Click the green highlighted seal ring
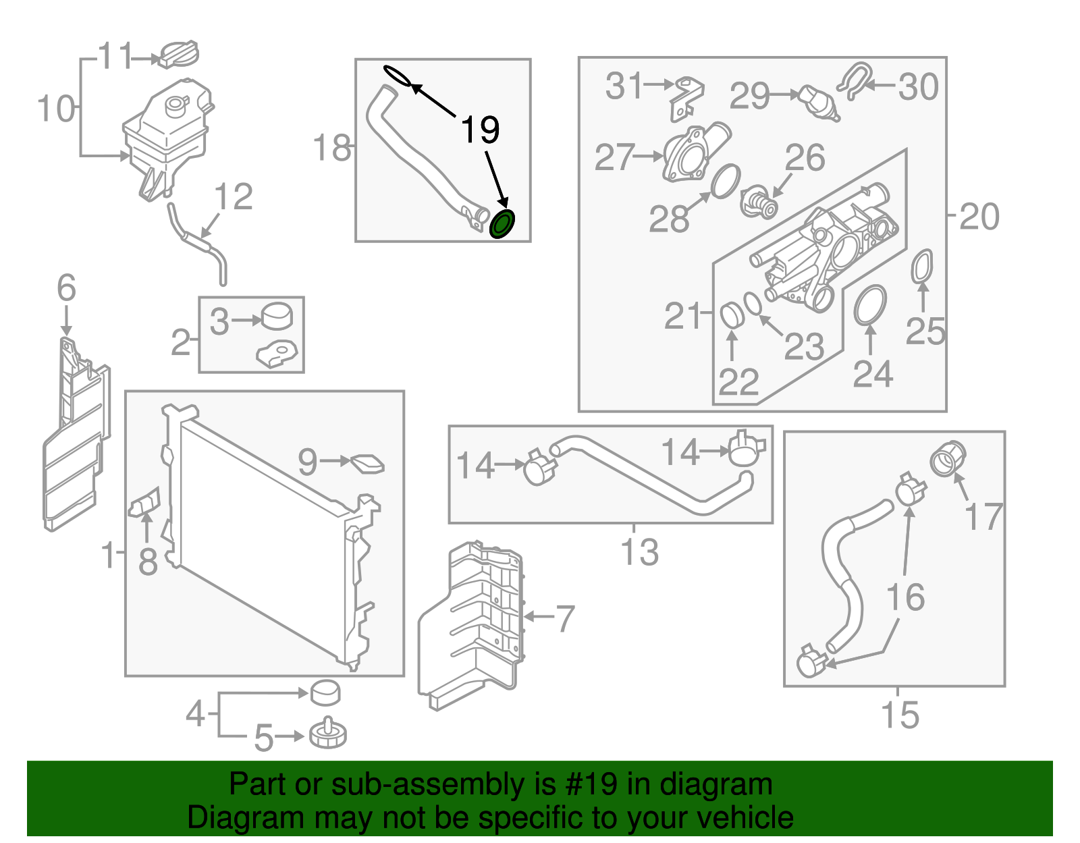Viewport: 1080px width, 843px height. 502,224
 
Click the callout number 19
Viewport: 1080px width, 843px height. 480,130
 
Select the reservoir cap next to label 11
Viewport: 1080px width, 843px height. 179,54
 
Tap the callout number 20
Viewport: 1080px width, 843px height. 979,217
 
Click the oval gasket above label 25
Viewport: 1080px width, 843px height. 922,267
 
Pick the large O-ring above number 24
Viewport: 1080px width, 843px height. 870,305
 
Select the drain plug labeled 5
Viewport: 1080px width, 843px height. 328,734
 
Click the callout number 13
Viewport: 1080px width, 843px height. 639,552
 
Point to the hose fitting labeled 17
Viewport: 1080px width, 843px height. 948,458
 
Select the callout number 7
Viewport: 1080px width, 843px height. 564,618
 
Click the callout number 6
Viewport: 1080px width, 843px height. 66,288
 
